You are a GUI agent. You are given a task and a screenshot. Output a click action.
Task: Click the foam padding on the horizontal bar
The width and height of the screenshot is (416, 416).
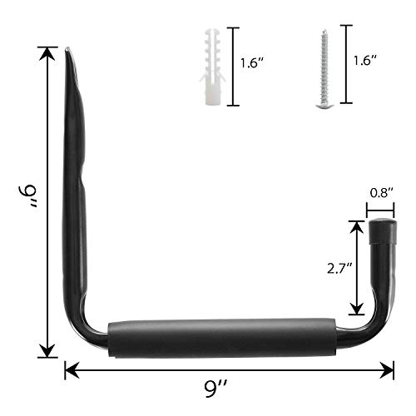coord(220,335)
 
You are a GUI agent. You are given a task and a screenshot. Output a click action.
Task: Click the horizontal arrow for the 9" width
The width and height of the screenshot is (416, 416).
coord(229,367)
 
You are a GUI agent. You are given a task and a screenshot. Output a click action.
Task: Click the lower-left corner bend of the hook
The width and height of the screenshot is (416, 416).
coord(93,329)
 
